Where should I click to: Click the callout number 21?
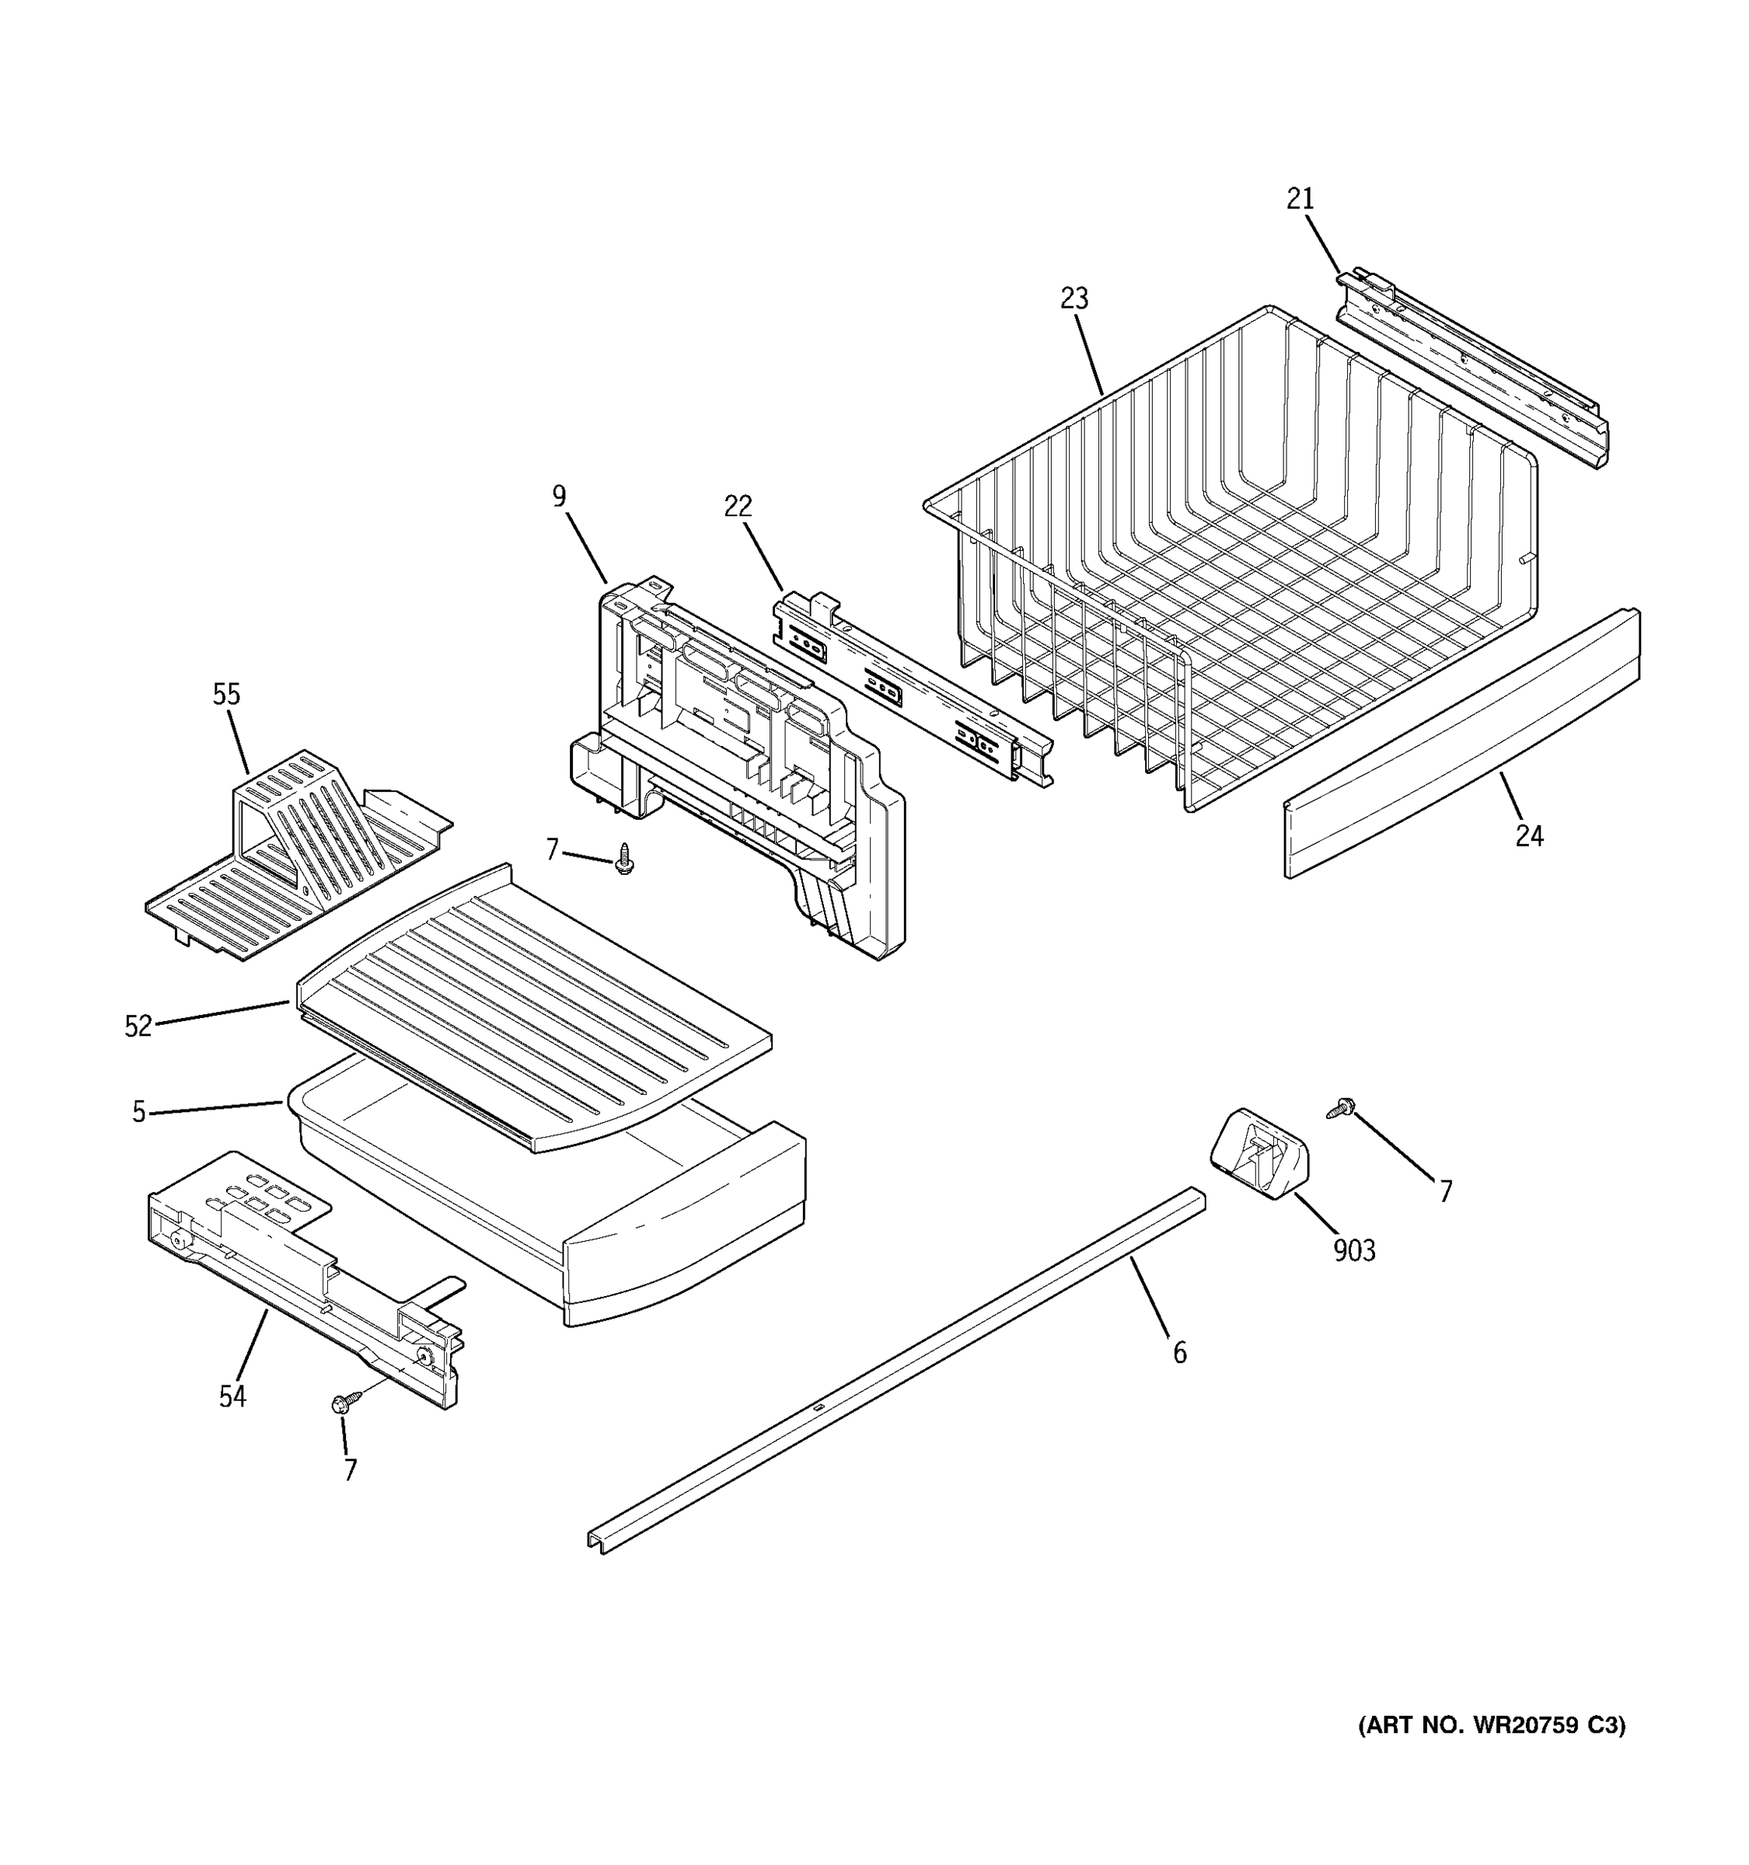[x=1300, y=200]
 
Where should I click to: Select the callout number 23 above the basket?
[x=1074, y=299]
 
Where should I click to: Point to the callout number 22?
[x=738, y=507]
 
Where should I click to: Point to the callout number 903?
[x=1354, y=1250]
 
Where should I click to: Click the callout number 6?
[x=1179, y=1353]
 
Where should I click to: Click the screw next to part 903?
[x=1341, y=1108]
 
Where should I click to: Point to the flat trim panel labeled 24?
[x=1464, y=741]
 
